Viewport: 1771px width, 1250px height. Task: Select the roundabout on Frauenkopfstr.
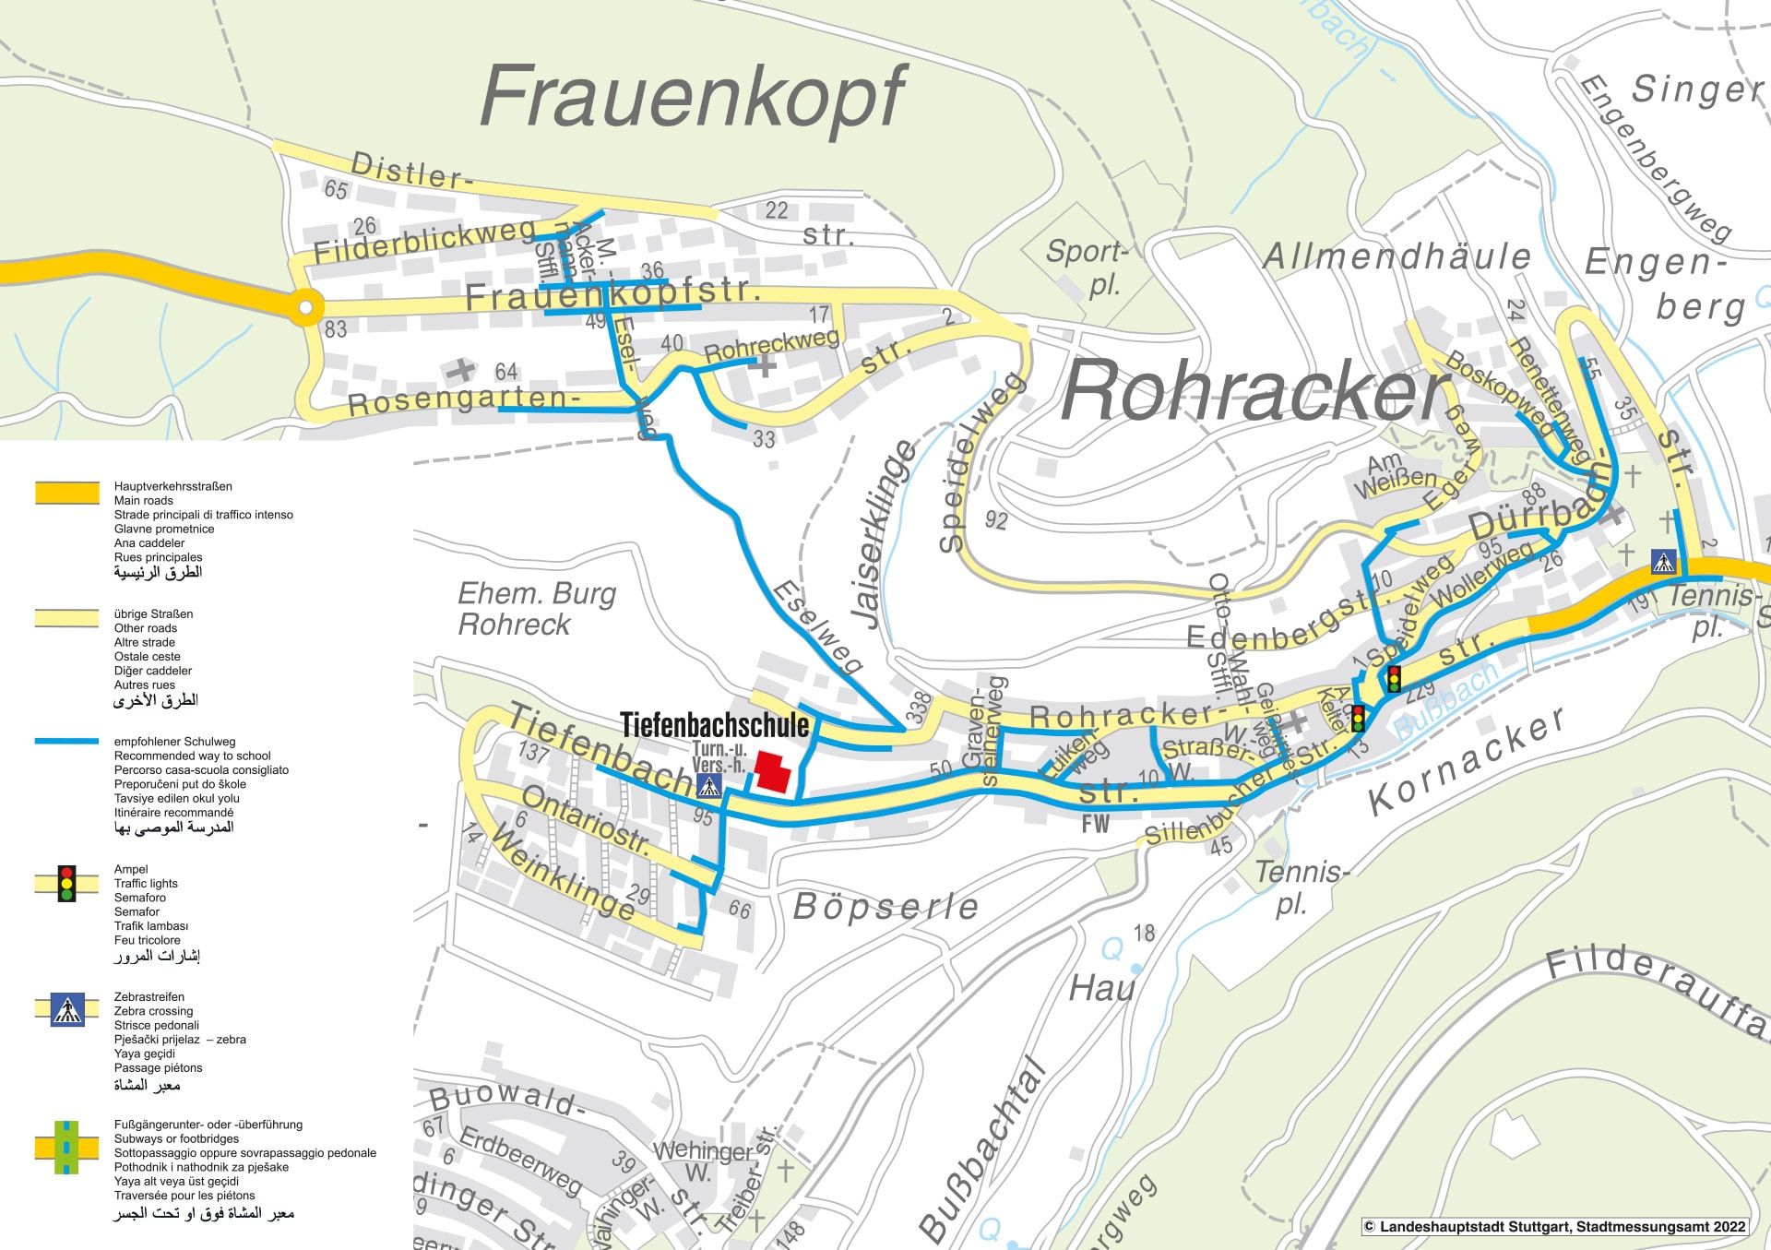pos(306,306)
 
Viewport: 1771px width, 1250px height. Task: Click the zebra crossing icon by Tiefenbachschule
pos(708,786)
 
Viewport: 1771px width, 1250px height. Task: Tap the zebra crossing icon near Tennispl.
pos(1663,561)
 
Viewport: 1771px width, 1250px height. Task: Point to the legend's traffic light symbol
pos(66,883)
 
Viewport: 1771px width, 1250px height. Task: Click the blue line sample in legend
pos(66,741)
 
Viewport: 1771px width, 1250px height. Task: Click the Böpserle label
pos(885,907)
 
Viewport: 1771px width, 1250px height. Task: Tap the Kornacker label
pos(1467,761)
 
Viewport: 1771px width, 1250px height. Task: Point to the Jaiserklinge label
pos(889,535)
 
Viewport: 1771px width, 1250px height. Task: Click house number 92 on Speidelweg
pos(996,520)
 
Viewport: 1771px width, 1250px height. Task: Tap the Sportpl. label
pos(1088,267)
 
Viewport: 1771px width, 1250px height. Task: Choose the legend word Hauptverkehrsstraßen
pos(172,486)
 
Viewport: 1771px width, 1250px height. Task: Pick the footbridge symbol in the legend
pos(66,1147)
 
